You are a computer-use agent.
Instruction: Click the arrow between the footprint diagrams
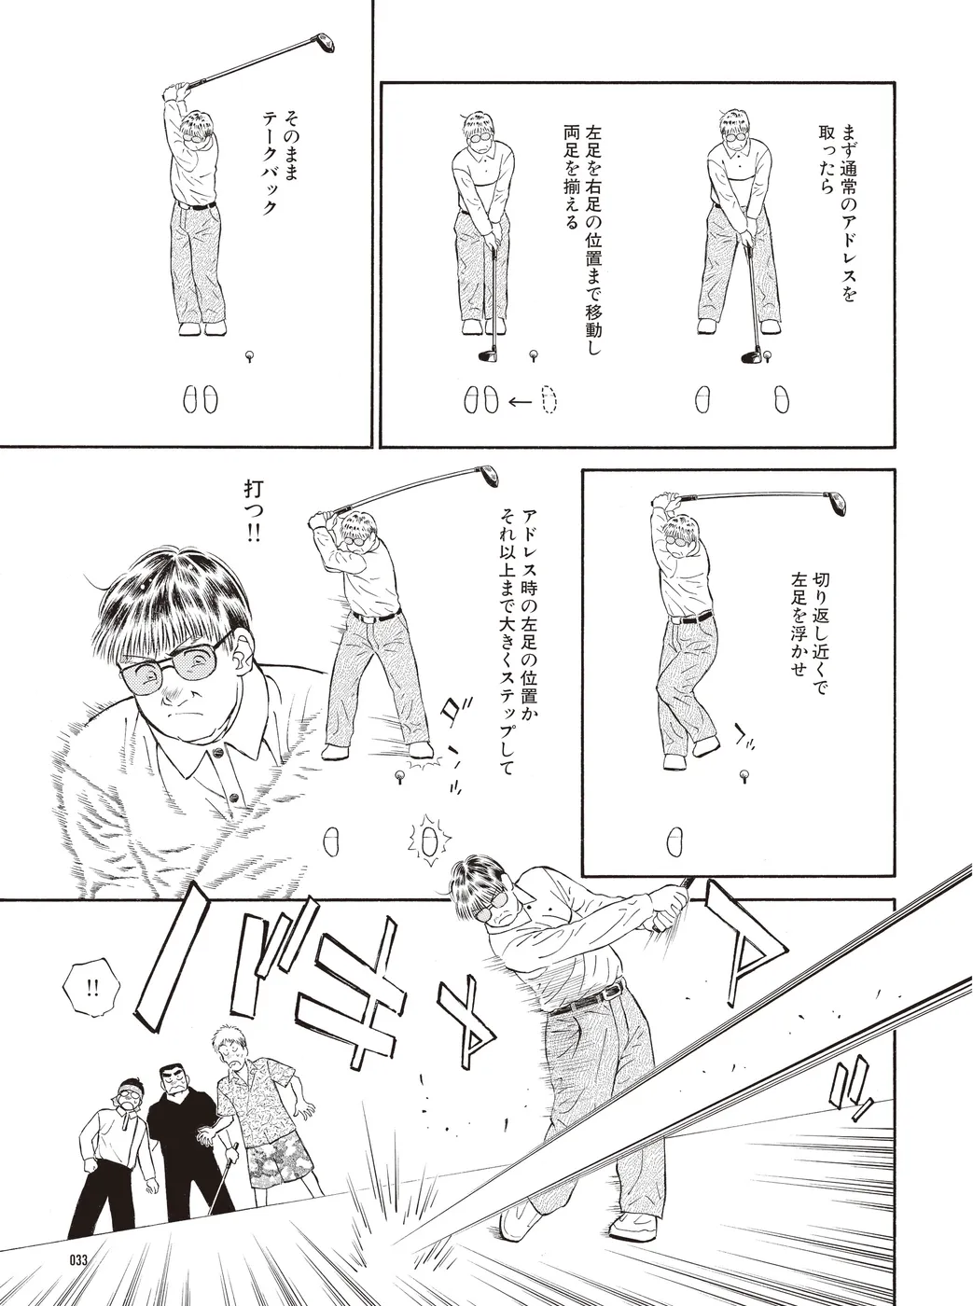click(520, 402)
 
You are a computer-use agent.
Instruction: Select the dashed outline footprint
click(549, 400)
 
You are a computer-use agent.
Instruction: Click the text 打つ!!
click(252, 512)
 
